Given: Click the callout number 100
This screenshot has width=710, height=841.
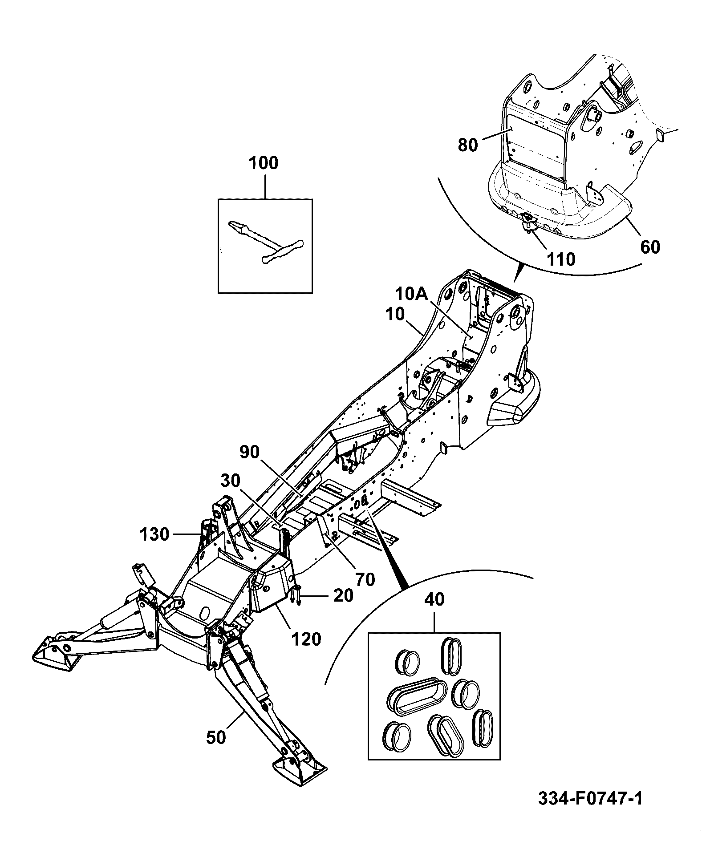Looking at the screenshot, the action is tap(264, 163).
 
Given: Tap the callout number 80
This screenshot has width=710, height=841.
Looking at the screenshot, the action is tap(467, 145).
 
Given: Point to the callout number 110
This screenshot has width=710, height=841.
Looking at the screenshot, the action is tap(561, 259).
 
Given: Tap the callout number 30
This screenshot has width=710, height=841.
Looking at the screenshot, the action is tap(230, 481).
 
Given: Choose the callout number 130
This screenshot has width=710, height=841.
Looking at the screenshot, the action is tap(154, 534).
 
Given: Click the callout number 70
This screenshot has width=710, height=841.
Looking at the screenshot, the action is tap(365, 579).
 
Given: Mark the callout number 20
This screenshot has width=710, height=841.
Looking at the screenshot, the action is tap(343, 595).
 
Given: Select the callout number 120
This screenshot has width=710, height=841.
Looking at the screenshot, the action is tap(306, 639).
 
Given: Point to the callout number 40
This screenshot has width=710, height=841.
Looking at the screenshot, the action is tap(434, 599).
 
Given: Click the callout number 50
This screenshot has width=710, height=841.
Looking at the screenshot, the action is tap(217, 737).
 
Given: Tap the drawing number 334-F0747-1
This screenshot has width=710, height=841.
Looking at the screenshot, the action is tap(591, 799).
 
